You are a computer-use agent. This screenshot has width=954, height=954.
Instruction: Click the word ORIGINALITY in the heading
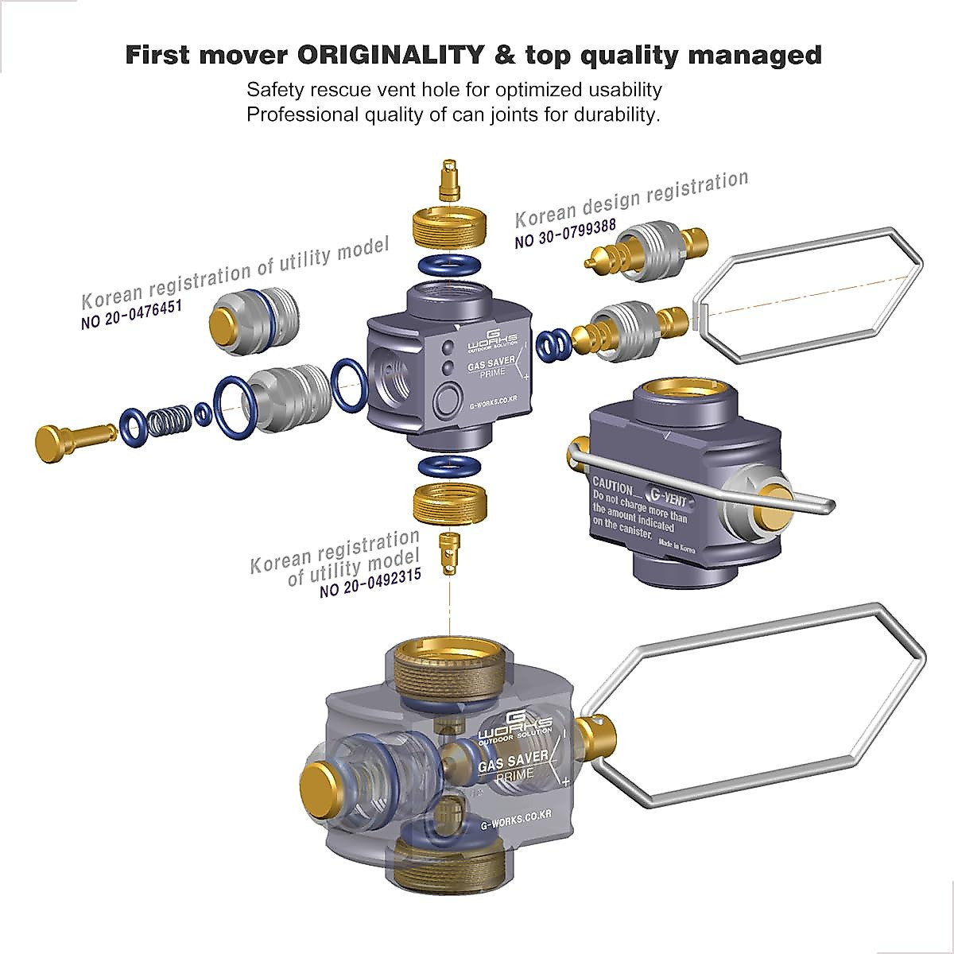[x=390, y=56]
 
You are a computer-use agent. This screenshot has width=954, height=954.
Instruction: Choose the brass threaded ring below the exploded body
[x=450, y=502]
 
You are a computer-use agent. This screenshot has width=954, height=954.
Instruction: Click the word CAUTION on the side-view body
[x=613, y=483]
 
